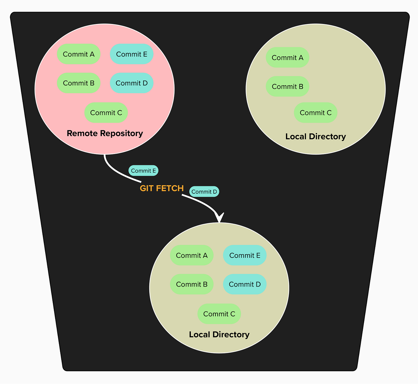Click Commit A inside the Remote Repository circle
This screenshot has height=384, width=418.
tap(78, 54)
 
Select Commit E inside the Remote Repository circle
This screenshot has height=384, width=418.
tap(132, 54)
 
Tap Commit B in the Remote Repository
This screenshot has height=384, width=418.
tap(78, 83)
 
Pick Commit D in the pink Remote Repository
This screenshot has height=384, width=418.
tap(132, 83)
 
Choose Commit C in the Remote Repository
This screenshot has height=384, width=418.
tap(106, 113)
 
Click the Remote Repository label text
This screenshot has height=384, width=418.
tap(105, 133)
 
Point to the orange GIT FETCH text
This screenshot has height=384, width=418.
tap(162, 188)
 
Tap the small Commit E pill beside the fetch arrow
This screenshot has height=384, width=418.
tap(143, 171)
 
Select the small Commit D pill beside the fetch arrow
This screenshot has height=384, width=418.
tap(204, 192)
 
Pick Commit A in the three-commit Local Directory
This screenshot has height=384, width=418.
tap(287, 57)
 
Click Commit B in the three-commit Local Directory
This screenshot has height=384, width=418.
tap(287, 86)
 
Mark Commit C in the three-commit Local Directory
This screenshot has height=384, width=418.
tap(316, 113)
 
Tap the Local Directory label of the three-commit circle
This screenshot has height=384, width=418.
tap(316, 137)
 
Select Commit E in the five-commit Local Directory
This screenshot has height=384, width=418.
tap(245, 255)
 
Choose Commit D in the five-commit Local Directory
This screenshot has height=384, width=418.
tap(245, 284)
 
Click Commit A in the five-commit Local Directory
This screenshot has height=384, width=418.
tap(192, 255)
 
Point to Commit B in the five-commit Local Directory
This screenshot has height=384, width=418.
tap(192, 284)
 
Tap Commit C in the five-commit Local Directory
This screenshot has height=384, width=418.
tap(219, 314)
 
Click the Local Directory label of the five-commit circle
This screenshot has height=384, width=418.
tap(219, 334)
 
